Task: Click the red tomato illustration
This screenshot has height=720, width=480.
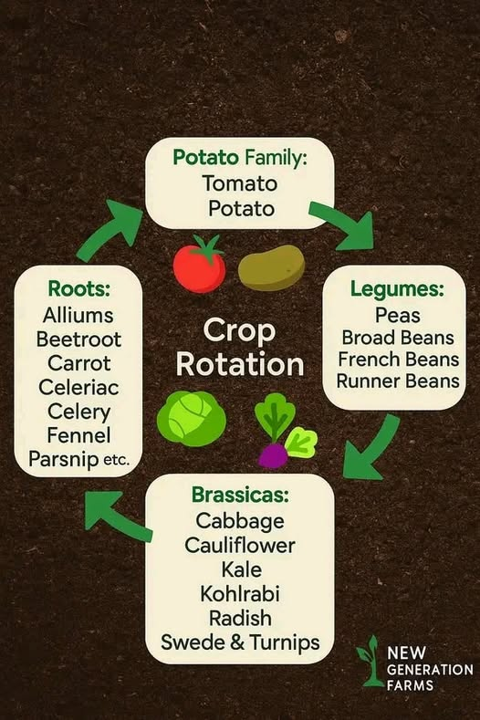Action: click(x=199, y=265)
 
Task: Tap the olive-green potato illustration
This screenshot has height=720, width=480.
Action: click(x=271, y=267)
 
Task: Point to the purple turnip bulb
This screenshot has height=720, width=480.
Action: click(x=273, y=457)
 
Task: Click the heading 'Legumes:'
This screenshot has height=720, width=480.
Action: click(x=397, y=289)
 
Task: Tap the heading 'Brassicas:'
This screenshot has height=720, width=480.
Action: click(x=240, y=494)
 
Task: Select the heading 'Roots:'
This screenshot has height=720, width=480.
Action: click(x=79, y=289)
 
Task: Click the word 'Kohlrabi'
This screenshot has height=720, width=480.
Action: click(x=240, y=594)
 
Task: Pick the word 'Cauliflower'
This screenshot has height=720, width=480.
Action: click(x=240, y=545)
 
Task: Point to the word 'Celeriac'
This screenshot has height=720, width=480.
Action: click(x=78, y=387)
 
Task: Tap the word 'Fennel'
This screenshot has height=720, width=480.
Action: click(x=78, y=435)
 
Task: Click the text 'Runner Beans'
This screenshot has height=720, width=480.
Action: click(x=398, y=381)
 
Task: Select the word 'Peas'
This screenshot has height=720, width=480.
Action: click(x=397, y=315)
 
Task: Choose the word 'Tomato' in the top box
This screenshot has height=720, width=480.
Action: click(x=240, y=183)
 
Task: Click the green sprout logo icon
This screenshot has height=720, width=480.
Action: click(x=370, y=661)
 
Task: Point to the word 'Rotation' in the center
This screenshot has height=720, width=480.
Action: click(x=240, y=365)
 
